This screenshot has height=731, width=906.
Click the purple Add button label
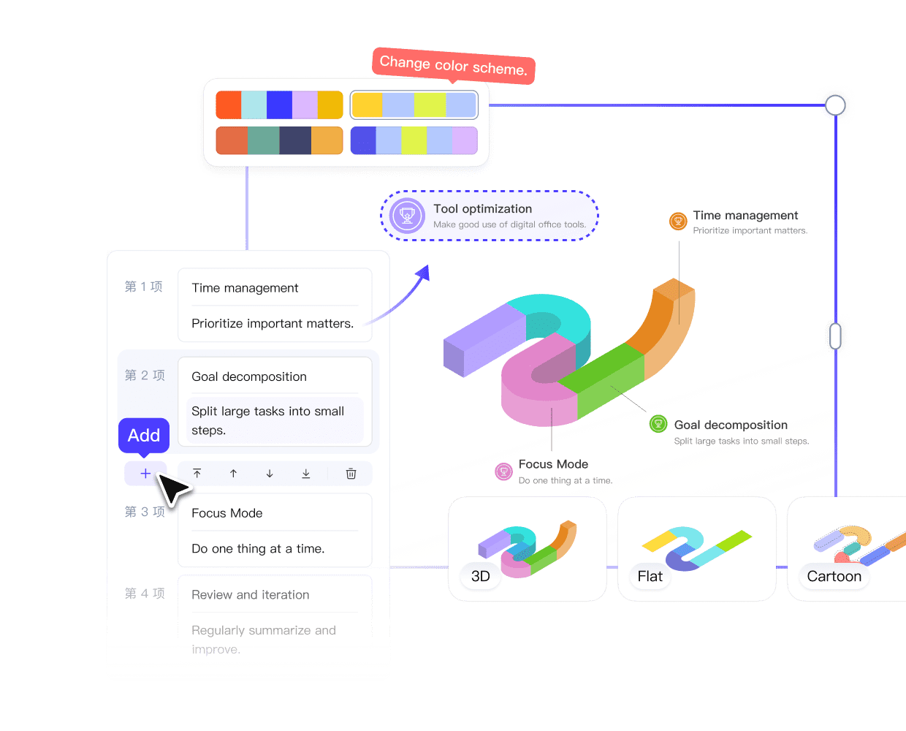pos(144,436)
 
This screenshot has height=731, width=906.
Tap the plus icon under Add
pos(145,474)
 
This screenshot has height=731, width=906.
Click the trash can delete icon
pos(351,474)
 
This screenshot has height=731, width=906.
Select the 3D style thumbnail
pos(527,549)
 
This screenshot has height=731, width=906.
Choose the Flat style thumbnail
pos(696,549)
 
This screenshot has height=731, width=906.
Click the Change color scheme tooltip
pos(453,66)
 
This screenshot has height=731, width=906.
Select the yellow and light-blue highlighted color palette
pos(414,105)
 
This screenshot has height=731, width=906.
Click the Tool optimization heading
pos(482,209)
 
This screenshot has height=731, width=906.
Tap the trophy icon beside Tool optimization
pos(407,216)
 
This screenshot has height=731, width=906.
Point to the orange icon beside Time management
pos(678,220)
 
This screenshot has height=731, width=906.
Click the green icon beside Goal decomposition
pos(658,423)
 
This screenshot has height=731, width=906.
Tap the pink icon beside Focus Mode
pos(503,471)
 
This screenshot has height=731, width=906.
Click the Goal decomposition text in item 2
pos(249,376)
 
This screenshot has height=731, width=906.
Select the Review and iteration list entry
pos(250,595)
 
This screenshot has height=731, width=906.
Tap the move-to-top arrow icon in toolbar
pos(197,474)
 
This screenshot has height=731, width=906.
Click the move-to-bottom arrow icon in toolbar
pos(305,474)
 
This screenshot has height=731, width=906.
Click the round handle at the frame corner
pos(835,105)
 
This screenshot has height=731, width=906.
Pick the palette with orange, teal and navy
pos(279,140)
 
